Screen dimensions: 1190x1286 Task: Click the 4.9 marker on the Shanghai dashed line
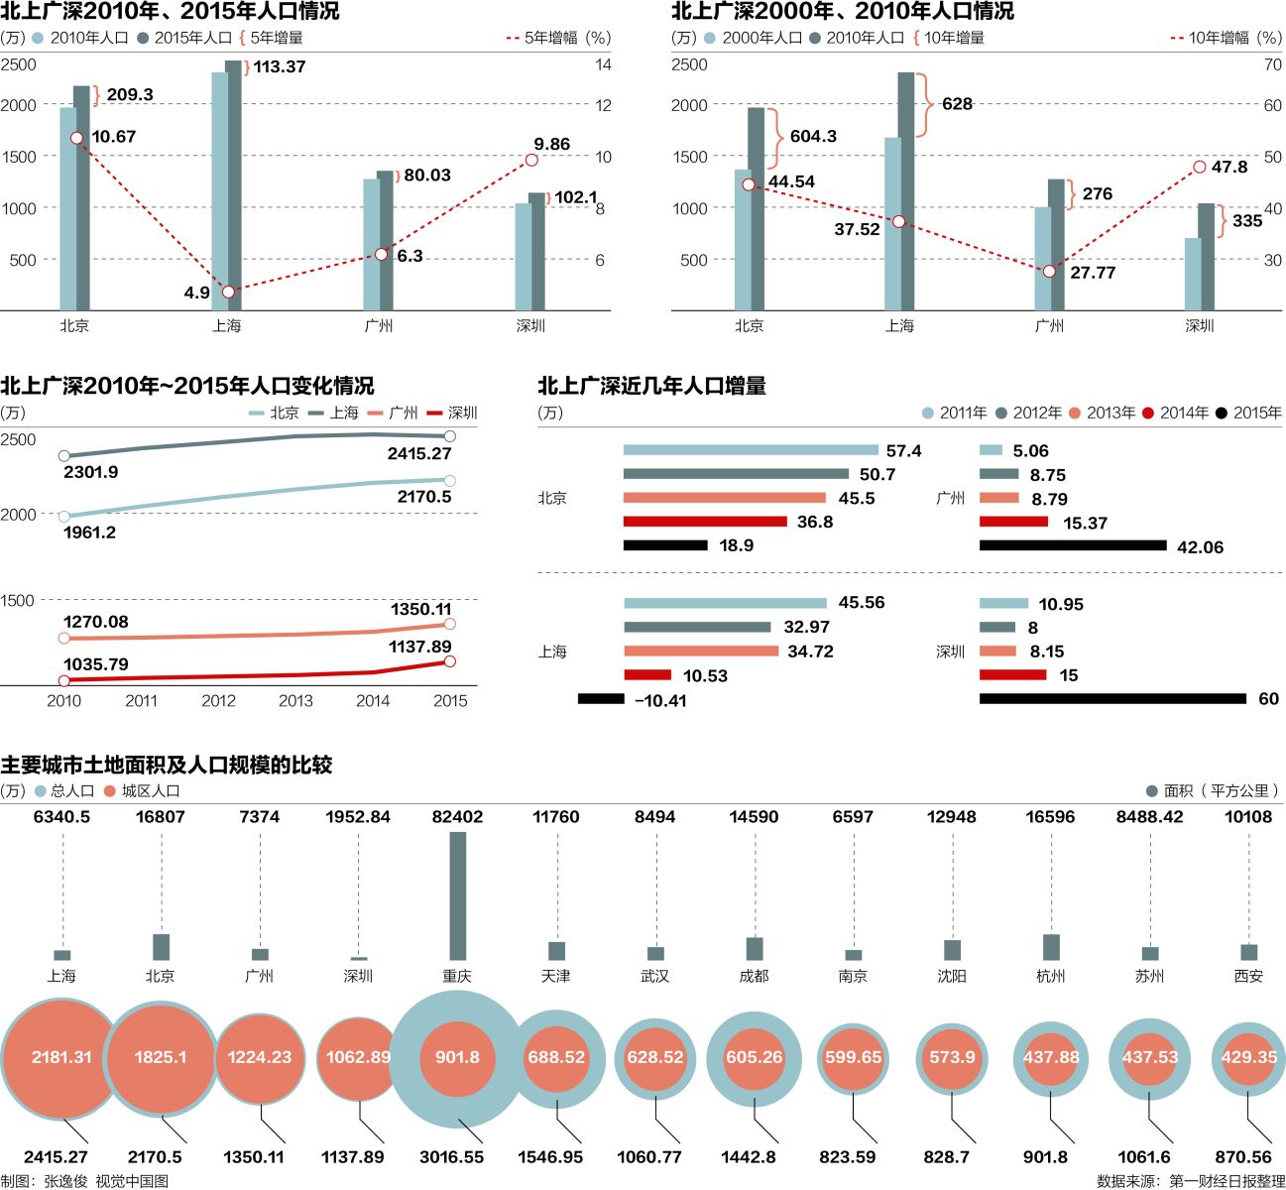pos(229,292)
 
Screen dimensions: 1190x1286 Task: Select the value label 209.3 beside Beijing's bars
pos(130,94)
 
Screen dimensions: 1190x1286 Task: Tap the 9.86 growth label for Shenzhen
pos(551,144)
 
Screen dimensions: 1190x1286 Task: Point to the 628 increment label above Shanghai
pos(957,104)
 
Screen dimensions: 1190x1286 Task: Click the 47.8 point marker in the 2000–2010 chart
pos(1200,167)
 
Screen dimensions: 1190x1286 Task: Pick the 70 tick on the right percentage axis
pos(1272,64)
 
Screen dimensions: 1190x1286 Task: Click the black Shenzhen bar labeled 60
pos(1112,699)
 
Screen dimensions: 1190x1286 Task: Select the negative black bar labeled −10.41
pos(601,699)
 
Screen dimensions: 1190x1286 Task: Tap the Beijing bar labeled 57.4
pos(751,450)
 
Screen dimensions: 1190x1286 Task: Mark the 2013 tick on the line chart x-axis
pos(295,701)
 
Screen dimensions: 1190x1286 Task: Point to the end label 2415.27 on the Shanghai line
pos(418,454)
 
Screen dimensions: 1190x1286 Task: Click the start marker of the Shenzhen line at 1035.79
pos(64,681)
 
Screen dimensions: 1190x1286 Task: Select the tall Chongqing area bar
pos(457,895)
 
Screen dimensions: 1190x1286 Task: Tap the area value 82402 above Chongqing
pos(457,817)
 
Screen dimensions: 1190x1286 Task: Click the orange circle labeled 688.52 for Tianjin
pos(556,1057)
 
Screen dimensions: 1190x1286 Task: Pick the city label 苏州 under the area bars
pos(1149,976)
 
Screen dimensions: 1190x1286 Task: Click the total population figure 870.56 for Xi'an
pos(1242,1156)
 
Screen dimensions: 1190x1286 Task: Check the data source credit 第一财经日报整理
pos(1226,1180)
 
